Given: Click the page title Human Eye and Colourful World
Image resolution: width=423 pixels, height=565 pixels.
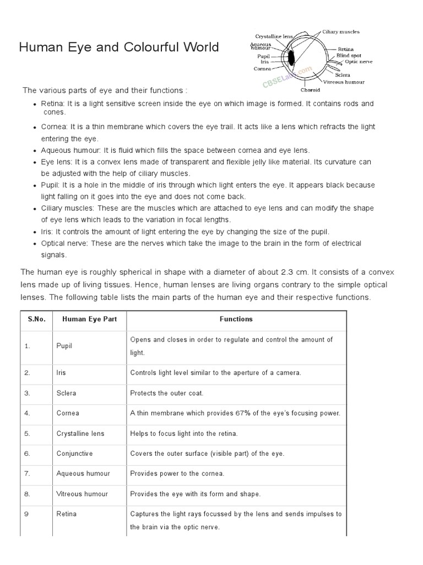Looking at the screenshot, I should click(118, 47).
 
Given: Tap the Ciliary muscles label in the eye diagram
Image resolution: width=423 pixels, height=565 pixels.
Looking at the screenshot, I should click(341, 32).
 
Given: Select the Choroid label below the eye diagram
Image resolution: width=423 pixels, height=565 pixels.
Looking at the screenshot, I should click(311, 89).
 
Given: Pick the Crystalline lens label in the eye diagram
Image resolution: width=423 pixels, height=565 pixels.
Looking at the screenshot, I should click(274, 36).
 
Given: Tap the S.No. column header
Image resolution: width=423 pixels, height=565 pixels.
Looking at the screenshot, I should click(36, 319).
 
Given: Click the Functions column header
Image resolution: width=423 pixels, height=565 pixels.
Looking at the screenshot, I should click(236, 319).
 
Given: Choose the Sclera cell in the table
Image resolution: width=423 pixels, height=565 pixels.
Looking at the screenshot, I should click(66, 393).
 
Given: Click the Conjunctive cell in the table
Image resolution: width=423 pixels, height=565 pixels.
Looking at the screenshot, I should click(74, 454).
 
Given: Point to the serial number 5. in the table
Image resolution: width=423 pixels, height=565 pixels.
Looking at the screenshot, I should click(27, 434).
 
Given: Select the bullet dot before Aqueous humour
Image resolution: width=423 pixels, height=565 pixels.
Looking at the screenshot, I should click(35, 151).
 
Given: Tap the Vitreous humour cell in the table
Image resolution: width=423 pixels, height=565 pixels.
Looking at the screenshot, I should click(82, 494).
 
